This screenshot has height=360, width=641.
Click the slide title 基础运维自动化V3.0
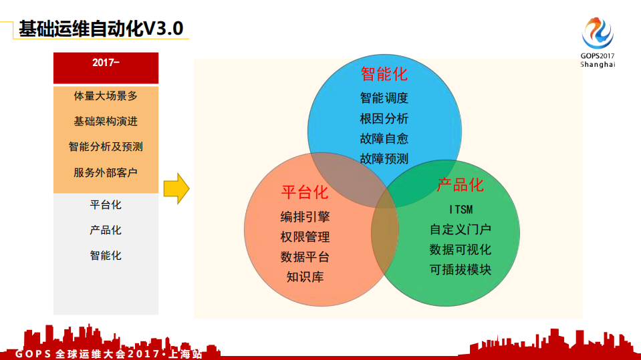pos(100,29)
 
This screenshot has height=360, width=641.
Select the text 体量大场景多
pos(106,96)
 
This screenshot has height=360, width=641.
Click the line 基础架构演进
pos(106,122)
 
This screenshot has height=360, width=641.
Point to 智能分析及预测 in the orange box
pos(106,147)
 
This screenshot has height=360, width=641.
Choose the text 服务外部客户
pos(106,172)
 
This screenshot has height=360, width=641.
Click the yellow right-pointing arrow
pos(176,188)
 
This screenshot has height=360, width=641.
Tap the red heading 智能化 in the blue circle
pos(384,73)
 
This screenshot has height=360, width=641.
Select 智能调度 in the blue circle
pos(384,98)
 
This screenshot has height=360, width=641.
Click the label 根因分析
pos(384,119)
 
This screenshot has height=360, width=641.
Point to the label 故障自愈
pos(384,139)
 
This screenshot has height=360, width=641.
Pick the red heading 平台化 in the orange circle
pos(305,192)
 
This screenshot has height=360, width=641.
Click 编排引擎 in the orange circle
pos(305,217)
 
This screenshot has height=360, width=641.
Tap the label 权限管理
pos(305,237)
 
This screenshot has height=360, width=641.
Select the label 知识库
pos(305,277)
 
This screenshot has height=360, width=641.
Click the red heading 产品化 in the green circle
pos(460,184)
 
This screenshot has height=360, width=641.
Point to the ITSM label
pos(460,210)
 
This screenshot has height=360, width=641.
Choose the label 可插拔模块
pos(460,270)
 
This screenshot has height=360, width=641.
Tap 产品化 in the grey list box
pos(106,230)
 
